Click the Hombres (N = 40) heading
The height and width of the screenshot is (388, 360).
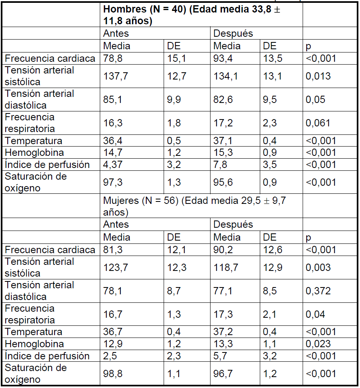coord(192,15)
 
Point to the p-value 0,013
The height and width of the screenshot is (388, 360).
coord(318,76)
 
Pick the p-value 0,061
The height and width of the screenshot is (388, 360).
coord(318,123)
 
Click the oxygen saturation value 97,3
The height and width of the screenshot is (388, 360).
coord(113,182)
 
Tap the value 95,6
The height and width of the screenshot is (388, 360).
coord(223,182)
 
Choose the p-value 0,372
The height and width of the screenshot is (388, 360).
coord(318,291)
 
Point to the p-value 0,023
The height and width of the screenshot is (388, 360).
coord(318,344)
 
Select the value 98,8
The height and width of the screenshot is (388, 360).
coord(113,374)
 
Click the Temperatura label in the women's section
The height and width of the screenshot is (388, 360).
coord(34,332)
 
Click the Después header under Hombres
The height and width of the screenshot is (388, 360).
coord(233,33)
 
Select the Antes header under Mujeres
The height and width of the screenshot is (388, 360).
coord(116,224)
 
